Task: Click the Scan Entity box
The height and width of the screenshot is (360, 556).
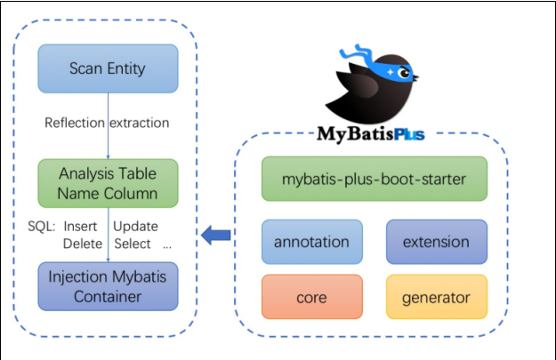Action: click(x=109, y=68)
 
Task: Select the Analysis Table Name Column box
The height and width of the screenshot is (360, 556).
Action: click(x=109, y=183)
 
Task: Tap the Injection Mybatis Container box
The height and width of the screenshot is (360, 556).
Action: click(x=109, y=286)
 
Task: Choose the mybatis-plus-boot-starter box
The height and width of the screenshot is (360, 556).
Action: click(x=375, y=179)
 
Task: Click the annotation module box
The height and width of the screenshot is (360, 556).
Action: click(x=312, y=242)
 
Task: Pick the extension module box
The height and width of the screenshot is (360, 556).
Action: click(x=437, y=242)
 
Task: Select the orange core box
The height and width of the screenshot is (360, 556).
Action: click(x=312, y=297)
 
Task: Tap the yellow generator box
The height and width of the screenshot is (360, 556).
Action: click(x=437, y=297)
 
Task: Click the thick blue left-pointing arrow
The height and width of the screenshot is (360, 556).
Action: click(x=216, y=235)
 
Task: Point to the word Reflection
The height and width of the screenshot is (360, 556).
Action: click(x=75, y=123)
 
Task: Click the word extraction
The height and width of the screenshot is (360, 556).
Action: click(x=140, y=123)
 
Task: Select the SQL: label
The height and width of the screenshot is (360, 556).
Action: click(x=42, y=226)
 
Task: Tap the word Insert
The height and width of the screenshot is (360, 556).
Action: click(x=80, y=226)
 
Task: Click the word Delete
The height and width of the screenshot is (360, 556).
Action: click(x=83, y=244)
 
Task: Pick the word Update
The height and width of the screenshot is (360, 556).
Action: click(x=135, y=227)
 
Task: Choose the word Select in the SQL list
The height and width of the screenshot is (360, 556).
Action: click(x=133, y=244)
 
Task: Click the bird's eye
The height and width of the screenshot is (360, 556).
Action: click(x=404, y=73)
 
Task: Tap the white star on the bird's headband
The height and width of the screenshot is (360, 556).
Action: click(x=390, y=72)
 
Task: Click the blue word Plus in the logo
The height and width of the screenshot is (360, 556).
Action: click(x=409, y=134)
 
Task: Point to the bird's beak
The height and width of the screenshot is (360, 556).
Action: click(x=415, y=76)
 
